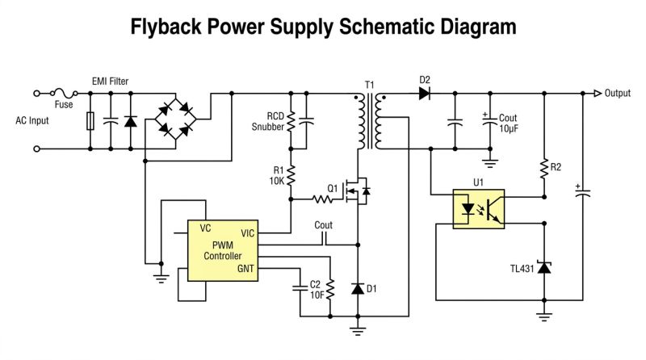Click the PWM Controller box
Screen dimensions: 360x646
[222, 250]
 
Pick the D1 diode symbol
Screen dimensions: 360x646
[357, 287]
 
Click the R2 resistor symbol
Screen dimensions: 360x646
[543, 168]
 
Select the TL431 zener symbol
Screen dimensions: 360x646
[543, 267]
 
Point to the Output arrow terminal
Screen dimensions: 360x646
[597, 94]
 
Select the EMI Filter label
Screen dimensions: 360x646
[110, 82]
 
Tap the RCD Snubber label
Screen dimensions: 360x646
[267, 120]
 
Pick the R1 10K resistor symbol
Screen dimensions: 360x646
[290, 174]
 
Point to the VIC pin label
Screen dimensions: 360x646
[247, 233]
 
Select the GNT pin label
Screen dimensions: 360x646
[245, 268]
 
